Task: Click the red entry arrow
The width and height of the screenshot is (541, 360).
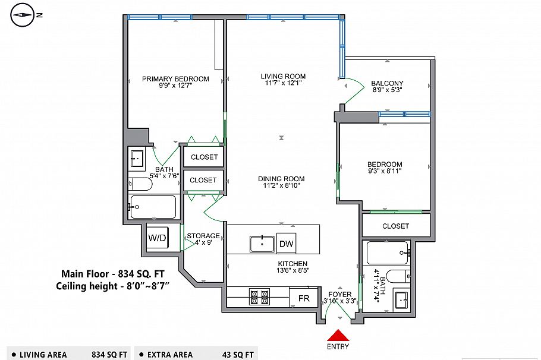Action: pos(337,335)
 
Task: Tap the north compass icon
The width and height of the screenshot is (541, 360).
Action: pos(23,15)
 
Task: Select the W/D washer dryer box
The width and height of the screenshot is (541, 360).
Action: pos(157,238)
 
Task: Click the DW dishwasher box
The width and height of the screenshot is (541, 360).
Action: pos(286,244)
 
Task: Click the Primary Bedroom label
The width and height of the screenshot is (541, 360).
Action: pos(175,79)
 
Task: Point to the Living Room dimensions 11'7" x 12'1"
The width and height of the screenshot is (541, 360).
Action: pos(283,84)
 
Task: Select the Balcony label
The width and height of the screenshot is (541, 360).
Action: pos(387,83)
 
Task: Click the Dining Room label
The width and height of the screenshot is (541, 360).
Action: pos(281,179)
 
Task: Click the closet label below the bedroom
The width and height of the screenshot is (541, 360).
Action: pos(395,226)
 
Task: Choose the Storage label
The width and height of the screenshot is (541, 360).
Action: pos(203,236)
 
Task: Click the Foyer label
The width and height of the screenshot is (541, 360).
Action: pos(341,294)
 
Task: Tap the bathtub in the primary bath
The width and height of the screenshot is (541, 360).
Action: pos(153,207)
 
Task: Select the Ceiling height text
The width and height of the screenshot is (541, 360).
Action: pos(113,286)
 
